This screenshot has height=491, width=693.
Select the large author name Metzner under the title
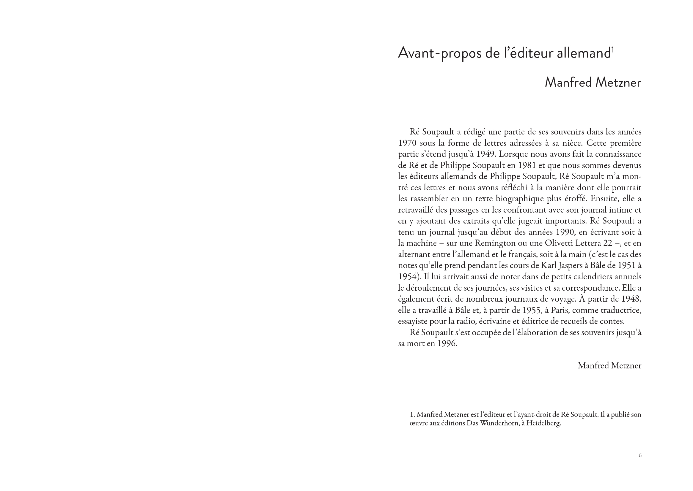coord(618,83)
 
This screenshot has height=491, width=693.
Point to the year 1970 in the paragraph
coord(407,143)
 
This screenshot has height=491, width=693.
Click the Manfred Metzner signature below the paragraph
coord(609,366)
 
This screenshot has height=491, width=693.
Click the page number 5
coord(640,456)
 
